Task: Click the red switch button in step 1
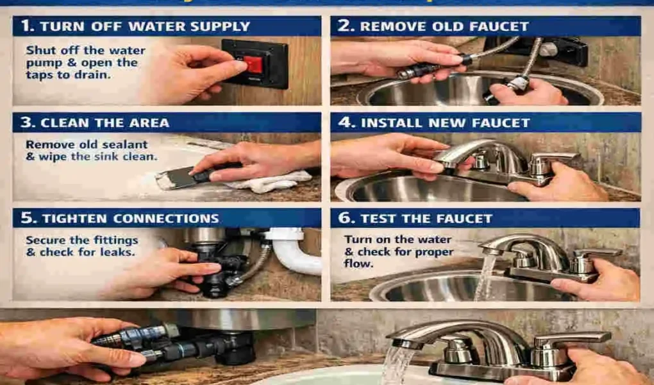click(253, 64)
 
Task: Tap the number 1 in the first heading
click(24, 26)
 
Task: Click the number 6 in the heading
click(345, 218)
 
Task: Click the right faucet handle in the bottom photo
click(571, 340)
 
